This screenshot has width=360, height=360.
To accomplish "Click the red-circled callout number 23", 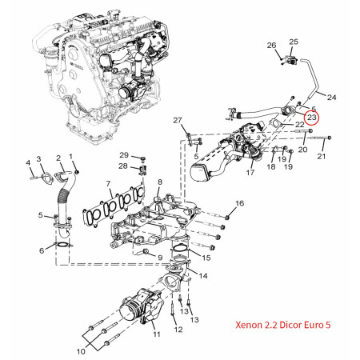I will click(312, 118).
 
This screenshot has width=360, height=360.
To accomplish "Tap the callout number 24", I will click(332, 98).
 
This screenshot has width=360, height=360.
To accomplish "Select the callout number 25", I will click(294, 41).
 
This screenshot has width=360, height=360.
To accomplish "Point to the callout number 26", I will click(270, 45).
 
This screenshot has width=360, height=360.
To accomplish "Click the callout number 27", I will click(177, 121).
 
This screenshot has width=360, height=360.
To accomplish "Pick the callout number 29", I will click(124, 154).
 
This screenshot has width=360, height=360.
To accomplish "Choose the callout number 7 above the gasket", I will click(108, 184).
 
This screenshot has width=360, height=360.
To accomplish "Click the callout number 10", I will click(80, 350).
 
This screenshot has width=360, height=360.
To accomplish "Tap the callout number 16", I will click(239, 204).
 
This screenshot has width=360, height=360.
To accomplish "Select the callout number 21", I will click(322, 157).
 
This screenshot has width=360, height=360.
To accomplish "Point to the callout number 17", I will click(250, 172).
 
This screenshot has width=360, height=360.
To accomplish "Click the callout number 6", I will click(42, 251).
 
